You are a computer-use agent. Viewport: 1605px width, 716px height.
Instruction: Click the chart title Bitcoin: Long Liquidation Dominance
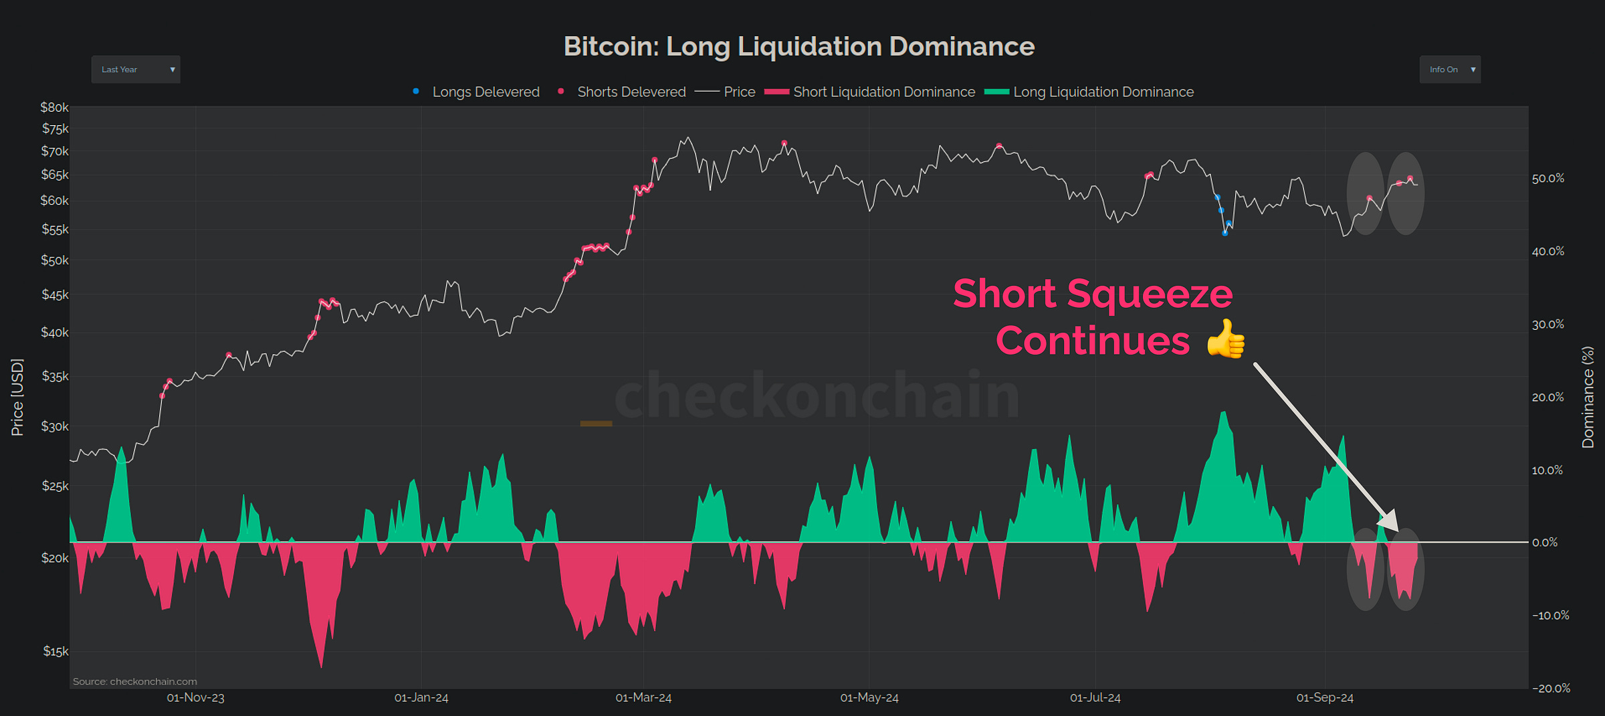click(x=799, y=47)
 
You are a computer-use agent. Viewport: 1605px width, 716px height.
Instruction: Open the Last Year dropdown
click(x=136, y=70)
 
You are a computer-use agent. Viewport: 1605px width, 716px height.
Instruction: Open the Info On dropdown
click(x=1450, y=70)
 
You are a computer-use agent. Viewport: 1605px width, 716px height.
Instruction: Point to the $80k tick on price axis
click(x=54, y=108)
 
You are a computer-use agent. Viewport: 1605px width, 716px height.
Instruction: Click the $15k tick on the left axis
click(x=56, y=651)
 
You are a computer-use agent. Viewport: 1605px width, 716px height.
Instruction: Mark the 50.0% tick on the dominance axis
click(x=1548, y=179)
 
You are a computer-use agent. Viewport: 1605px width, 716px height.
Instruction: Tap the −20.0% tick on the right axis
click(x=1551, y=688)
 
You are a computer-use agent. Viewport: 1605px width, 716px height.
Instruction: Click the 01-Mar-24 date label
click(x=643, y=698)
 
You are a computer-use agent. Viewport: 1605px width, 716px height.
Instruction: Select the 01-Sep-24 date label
click(x=1325, y=698)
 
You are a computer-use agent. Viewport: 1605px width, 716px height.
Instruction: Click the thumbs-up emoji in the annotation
click(x=1226, y=339)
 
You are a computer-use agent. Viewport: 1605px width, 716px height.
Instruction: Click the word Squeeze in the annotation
click(x=1150, y=294)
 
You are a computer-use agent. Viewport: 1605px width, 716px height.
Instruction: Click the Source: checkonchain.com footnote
click(x=135, y=681)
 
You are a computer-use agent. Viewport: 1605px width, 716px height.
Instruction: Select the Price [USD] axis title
click(x=17, y=397)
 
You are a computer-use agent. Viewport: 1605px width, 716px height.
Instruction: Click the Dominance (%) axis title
click(x=1588, y=397)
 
